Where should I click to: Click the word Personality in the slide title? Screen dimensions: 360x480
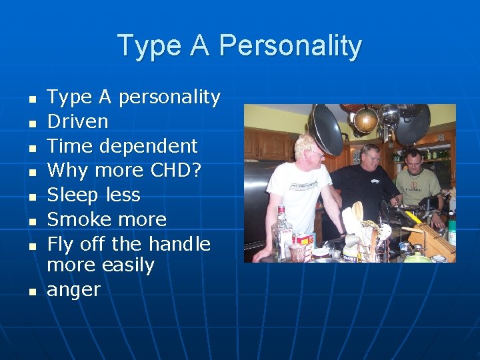[x=290, y=46]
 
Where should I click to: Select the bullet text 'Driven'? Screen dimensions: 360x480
[x=77, y=121]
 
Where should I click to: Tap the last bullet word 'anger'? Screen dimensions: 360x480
[x=73, y=290]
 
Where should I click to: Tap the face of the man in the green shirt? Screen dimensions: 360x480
[x=415, y=161]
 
